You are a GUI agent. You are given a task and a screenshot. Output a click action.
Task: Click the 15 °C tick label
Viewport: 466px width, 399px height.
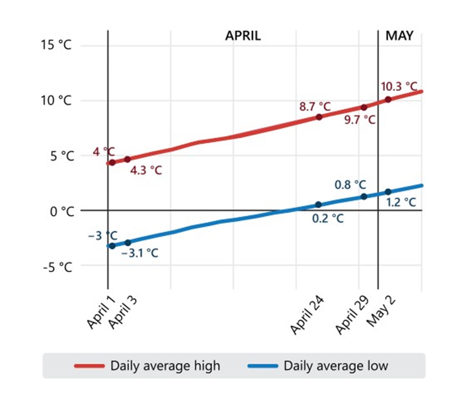(56, 45)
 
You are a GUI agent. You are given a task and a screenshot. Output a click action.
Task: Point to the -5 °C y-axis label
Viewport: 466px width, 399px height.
(57, 267)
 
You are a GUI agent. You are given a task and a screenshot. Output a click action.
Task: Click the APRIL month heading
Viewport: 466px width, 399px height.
(243, 36)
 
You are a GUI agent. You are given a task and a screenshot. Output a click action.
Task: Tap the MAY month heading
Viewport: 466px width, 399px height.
(399, 36)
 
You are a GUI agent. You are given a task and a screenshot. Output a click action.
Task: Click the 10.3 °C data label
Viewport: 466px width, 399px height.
(399, 87)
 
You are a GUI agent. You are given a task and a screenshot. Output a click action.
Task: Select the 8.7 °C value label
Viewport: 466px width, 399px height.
(315, 106)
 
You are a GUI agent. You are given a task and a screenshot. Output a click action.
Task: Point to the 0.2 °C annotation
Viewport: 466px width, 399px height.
(328, 219)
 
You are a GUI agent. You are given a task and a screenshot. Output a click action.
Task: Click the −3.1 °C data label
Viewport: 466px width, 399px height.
(140, 253)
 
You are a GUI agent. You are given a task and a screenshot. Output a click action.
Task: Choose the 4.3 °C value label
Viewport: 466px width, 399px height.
(146, 170)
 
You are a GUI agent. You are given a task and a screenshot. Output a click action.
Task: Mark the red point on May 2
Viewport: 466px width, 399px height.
(388, 99)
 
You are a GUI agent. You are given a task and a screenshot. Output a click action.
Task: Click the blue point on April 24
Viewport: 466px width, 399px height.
(319, 204)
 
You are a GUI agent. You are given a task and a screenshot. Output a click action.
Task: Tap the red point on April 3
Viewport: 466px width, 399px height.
(127, 159)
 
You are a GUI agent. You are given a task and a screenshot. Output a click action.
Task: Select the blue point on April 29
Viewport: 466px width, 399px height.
(364, 197)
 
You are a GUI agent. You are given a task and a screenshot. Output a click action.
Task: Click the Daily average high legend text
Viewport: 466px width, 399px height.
(165, 366)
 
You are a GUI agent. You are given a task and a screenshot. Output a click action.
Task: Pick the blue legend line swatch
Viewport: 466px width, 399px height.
(263, 366)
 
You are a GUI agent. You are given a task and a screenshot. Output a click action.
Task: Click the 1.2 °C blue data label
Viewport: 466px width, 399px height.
(401, 202)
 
